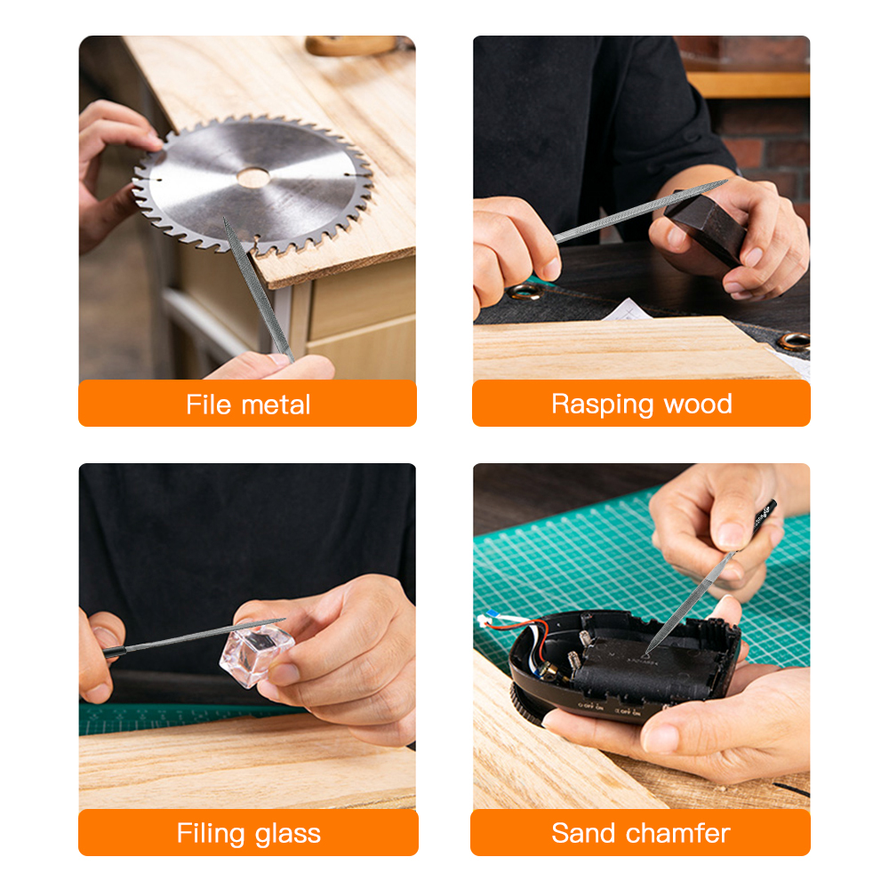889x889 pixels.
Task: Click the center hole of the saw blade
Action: [x=253, y=177]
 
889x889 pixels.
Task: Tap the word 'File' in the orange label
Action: [x=208, y=404]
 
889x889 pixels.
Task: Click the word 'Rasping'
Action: [x=602, y=404]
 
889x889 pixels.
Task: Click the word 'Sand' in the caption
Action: [x=583, y=834]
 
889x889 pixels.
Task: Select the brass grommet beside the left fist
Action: [x=524, y=292]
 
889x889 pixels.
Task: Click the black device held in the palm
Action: [x=622, y=667]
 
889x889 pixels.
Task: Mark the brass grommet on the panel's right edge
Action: [x=794, y=340]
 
